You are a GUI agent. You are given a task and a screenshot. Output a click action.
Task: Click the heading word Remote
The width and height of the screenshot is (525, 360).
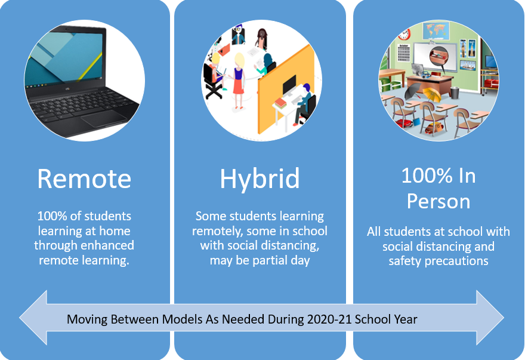(x=84, y=179)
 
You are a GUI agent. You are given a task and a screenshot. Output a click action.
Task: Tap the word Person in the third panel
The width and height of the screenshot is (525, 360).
(x=438, y=201)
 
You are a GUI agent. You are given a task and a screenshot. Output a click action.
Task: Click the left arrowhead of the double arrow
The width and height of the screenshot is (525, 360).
(x=33, y=318)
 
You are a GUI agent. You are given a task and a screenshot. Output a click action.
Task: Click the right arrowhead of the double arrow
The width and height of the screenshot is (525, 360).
(x=490, y=318)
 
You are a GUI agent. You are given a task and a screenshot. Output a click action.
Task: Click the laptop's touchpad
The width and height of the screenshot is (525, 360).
(x=104, y=118)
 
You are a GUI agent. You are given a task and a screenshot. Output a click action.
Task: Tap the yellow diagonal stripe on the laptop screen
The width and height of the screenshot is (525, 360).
(x=91, y=66)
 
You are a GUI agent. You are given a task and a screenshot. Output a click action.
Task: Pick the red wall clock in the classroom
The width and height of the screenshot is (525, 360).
(x=404, y=34)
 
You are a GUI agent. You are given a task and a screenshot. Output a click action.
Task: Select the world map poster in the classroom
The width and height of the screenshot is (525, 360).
(x=436, y=30)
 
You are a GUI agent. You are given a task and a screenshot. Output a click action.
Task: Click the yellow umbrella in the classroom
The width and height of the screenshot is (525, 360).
(x=432, y=94)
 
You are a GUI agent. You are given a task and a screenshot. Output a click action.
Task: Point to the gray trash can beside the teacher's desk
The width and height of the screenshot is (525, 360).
(x=455, y=93)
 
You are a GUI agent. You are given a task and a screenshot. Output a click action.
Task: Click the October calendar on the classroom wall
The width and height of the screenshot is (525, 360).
(x=404, y=53)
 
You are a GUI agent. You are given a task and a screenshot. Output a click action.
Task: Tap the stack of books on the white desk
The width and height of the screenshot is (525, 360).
(x=280, y=103)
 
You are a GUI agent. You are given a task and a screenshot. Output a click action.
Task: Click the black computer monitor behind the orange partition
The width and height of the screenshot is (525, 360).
(x=289, y=85)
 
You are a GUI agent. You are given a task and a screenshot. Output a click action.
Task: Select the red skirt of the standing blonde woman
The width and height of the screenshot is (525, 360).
(x=238, y=86)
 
